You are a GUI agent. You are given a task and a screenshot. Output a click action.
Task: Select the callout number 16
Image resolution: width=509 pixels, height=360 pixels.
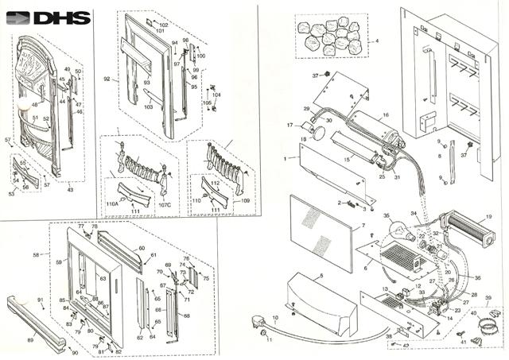click(386, 115)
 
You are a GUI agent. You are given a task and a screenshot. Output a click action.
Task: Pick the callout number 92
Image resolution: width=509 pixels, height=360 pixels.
click(106, 79)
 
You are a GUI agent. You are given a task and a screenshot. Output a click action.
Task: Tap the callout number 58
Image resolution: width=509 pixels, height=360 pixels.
click(36, 255)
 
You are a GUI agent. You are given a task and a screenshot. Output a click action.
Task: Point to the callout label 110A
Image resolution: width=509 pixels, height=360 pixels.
click(112, 203)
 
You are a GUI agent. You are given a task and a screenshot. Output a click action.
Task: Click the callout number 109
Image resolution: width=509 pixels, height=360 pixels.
click(245, 200)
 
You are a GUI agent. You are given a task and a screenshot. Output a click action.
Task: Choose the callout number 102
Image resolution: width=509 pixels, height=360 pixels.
click(163, 25)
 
